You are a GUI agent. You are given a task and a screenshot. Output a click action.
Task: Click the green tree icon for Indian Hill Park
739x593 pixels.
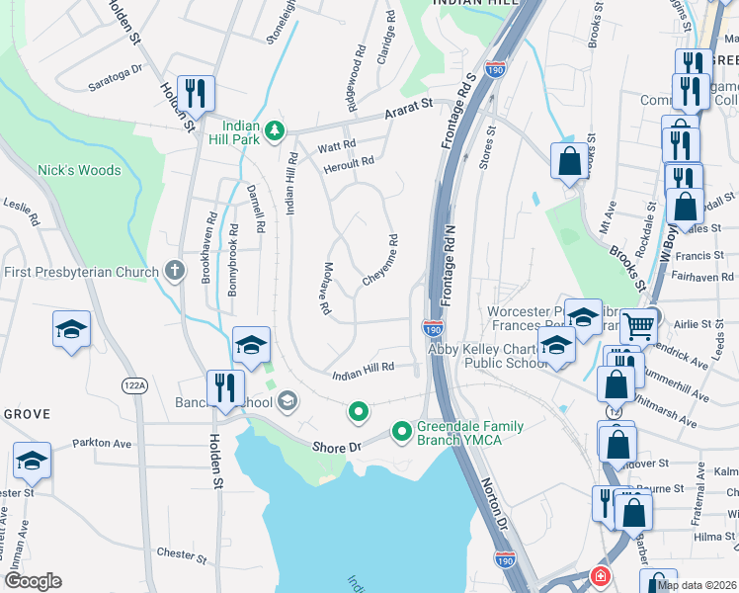tap(276, 130)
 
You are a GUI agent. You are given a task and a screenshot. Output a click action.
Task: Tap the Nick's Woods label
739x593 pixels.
tap(79, 170)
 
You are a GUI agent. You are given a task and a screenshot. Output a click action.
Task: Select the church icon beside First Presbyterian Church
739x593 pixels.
tap(175, 271)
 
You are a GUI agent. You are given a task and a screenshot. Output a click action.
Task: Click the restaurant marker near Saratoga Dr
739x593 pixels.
tap(195, 95)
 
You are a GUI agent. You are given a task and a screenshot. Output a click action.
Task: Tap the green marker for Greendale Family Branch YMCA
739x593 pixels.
tap(401, 432)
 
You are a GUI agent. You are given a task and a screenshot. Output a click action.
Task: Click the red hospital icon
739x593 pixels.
tap(600, 576)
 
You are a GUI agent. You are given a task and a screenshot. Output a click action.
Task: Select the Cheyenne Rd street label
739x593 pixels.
tap(379, 260)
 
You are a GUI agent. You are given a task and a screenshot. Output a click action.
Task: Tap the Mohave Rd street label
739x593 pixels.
tap(325, 289)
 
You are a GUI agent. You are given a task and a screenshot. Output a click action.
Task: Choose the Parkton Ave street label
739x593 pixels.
tap(101, 443)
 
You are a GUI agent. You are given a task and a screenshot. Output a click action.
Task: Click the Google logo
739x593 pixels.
tap(33, 581)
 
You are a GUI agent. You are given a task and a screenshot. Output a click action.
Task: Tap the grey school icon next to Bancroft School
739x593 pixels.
tap(287, 400)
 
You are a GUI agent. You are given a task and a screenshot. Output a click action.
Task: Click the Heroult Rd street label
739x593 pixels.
tap(352, 162)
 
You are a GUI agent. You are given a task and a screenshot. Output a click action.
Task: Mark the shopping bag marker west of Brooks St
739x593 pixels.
tap(569, 162)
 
